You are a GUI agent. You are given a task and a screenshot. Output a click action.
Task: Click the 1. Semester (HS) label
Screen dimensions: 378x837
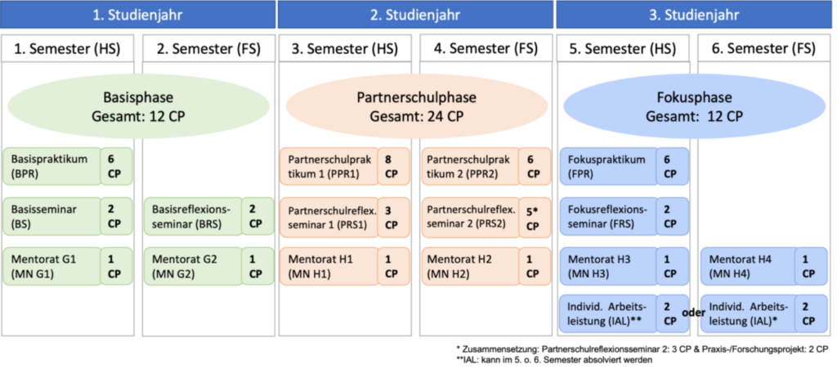69,48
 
